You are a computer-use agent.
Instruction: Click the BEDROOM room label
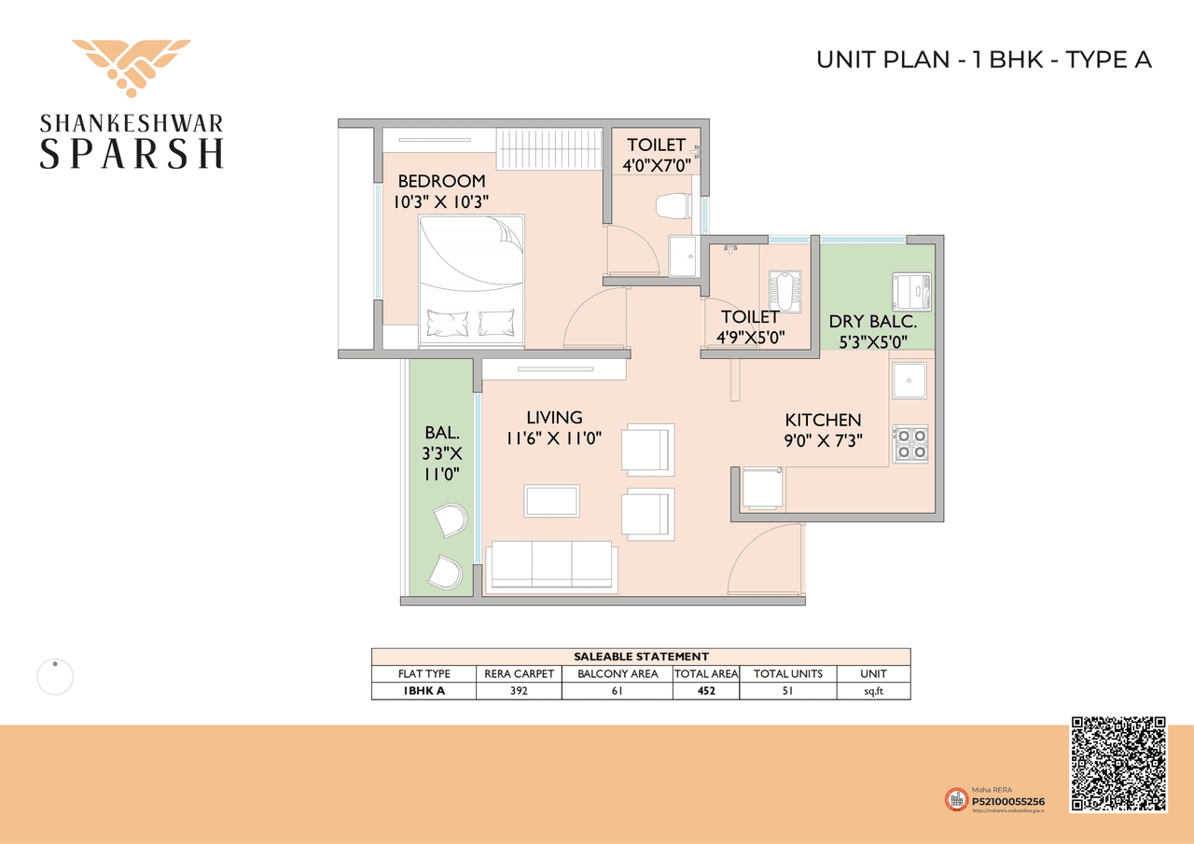pyautogui.click(x=441, y=181)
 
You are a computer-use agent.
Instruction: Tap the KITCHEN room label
pyautogui.click(x=822, y=420)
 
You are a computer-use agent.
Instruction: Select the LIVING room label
pyautogui.click(x=553, y=418)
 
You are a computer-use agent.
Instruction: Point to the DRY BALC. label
pyautogui.click(x=873, y=322)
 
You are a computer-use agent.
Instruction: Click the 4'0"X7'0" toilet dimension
pyautogui.click(x=656, y=165)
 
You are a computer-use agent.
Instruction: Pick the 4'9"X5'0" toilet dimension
pyautogui.click(x=751, y=337)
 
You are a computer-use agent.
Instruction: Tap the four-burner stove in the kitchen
pyautogui.click(x=910, y=444)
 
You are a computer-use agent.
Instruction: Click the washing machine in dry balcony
pyautogui.click(x=911, y=291)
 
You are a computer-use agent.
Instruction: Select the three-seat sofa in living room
pyautogui.click(x=551, y=566)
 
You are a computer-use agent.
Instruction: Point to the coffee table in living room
pyautogui.click(x=551, y=501)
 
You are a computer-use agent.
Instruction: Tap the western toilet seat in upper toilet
pyautogui.click(x=672, y=205)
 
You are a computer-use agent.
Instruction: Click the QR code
pyautogui.click(x=1118, y=764)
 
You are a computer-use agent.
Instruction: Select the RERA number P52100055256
pyautogui.click(x=1007, y=800)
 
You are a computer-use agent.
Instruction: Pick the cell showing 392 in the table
pyautogui.click(x=519, y=691)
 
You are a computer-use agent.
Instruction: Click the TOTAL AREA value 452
pyautogui.click(x=705, y=691)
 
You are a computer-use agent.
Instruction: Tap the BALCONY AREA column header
pyautogui.click(x=617, y=673)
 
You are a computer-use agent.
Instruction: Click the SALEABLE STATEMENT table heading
pyautogui.click(x=641, y=657)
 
